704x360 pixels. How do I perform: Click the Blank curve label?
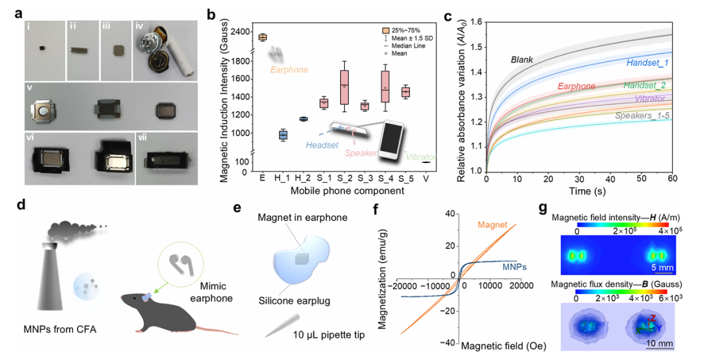click(x=522, y=60)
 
